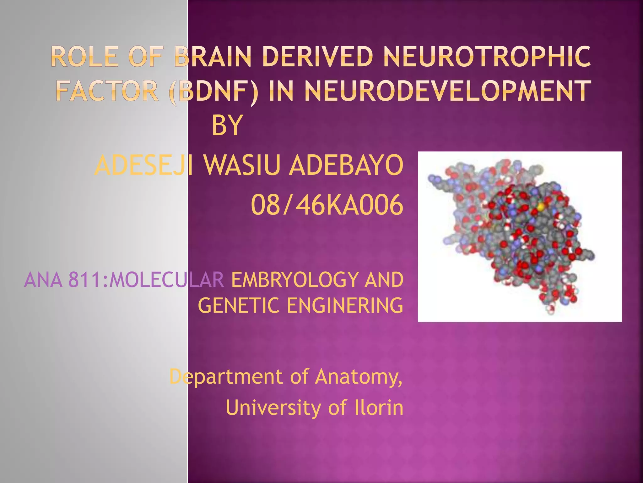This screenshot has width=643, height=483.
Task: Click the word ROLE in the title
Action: pyautogui.click(x=84, y=57)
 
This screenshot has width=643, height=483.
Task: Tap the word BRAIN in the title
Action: pyautogui.click(x=213, y=57)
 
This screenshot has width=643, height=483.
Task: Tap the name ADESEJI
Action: pyautogui.click(x=144, y=165)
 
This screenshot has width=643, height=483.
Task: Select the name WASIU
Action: pyautogui.click(x=241, y=165)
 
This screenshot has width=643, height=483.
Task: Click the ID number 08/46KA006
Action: pyautogui.click(x=327, y=205)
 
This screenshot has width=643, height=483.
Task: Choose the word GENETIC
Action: pyautogui.click(x=239, y=306)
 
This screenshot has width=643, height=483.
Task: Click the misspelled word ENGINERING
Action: pyautogui.click(x=345, y=306)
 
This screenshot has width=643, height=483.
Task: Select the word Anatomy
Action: pyautogui.click(x=358, y=377)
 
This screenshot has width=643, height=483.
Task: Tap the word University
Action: pyautogui.click(x=273, y=408)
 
